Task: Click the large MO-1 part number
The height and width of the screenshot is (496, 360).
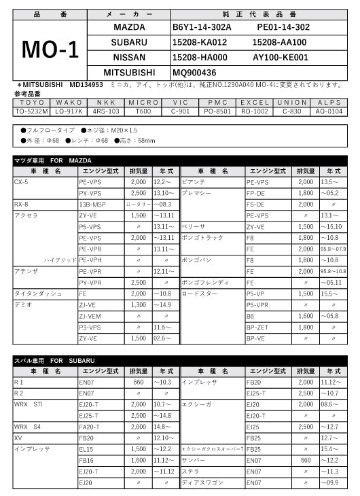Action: tap(50, 48)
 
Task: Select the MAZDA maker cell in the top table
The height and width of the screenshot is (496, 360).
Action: tap(128, 27)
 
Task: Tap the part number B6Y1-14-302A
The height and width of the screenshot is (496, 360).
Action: tap(202, 27)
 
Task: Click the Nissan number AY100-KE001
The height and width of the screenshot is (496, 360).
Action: tap(280, 57)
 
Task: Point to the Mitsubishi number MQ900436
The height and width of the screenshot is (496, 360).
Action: tap(194, 72)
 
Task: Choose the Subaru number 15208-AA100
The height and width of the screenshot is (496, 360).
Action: tap(279, 42)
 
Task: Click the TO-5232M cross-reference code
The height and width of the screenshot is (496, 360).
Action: tap(30, 109)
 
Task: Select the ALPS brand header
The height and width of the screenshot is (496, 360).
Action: tap(329, 102)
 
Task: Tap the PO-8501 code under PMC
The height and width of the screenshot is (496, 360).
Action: tap(219, 109)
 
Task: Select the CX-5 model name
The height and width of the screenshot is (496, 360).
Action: tap(21, 182)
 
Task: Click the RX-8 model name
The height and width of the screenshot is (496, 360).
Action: tap(21, 204)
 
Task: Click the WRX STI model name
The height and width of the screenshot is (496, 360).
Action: tap(29, 404)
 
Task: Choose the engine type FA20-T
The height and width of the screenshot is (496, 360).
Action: tap(89, 427)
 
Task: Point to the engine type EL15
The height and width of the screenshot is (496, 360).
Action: tap(86, 449)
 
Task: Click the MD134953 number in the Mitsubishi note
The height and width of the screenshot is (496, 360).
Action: tap(86, 85)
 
